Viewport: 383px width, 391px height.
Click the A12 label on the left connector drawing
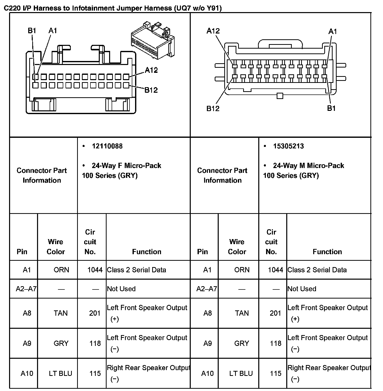pyautogui.click(x=151, y=70)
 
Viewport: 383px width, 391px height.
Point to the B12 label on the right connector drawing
pyautogui.click(x=213, y=109)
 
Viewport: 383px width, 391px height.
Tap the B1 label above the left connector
pyautogui.click(x=32, y=31)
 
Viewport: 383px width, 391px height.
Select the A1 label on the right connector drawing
pyautogui.click(x=333, y=31)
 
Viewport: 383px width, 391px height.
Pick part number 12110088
pyautogui.click(x=107, y=146)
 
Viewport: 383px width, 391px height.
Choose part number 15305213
pyautogui.click(x=288, y=146)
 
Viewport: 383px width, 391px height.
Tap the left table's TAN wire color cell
pyautogui.click(x=60, y=313)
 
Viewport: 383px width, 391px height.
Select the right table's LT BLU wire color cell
pyautogui.click(x=241, y=373)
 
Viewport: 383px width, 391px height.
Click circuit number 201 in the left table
pyautogui.click(x=95, y=313)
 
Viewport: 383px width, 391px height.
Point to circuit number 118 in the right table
pyautogui.click(x=275, y=343)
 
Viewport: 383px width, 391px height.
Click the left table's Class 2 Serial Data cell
pyautogui.click(x=137, y=270)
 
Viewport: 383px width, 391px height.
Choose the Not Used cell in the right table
pyautogui.click(x=302, y=289)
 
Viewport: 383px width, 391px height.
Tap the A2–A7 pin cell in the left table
pyautogui.click(x=26, y=289)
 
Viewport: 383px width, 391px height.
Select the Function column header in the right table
pyautogui.click(x=327, y=252)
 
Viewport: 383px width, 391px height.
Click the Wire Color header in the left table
pyautogui.click(x=56, y=247)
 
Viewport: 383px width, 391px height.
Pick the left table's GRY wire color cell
pyautogui.click(x=61, y=343)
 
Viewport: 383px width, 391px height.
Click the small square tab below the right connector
pyautogui.click(x=280, y=96)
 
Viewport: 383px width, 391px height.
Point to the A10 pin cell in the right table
pyautogui.click(x=207, y=373)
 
